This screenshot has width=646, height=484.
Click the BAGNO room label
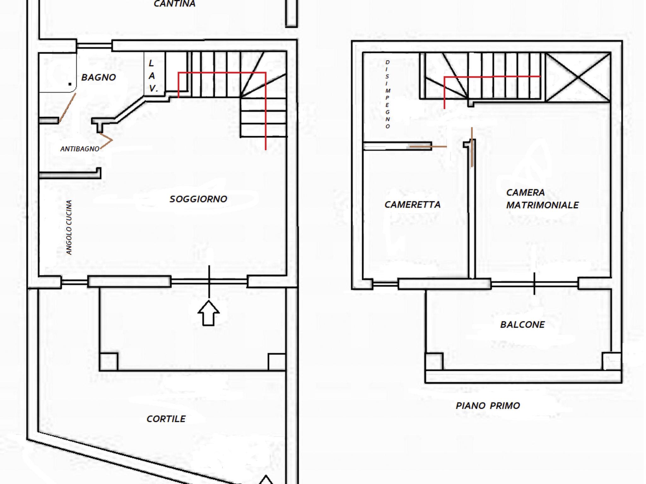point(98,77)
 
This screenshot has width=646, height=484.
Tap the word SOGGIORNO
point(198,199)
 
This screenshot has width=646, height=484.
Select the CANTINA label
point(174,4)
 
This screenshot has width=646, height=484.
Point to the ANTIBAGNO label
point(80,149)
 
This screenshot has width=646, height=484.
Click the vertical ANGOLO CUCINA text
point(69,227)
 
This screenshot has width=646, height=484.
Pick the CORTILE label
point(166,419)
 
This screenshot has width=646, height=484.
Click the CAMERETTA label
point(413,205)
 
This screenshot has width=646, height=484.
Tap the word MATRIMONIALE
point(543,205)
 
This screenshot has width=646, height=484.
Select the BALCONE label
point(522,325)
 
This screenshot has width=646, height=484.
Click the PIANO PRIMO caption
point(488,406)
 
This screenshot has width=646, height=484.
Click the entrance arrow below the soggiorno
point(208,313)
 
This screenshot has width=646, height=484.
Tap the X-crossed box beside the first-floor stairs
point(578,77)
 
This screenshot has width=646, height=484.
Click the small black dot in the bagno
point(70,84)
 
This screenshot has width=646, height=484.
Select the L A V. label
point(152,76)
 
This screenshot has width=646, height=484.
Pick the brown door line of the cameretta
point(428,147)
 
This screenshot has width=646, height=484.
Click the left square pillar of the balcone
point(434,361)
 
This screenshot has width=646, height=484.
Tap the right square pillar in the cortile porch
point(277,362)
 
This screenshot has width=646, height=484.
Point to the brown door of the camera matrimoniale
point(472,147)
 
